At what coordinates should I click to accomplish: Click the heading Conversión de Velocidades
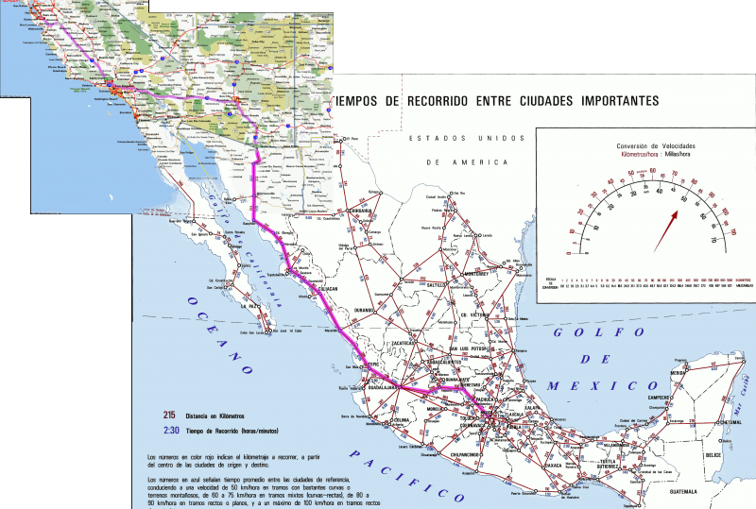click(656, 145)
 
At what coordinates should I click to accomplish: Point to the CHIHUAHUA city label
click(355, 211)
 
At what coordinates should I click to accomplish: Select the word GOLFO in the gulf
click(584, 332)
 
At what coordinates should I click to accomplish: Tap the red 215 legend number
click(170, 415)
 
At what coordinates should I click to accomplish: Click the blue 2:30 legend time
click(170, 431)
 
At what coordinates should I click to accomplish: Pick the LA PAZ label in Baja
click(249, 307)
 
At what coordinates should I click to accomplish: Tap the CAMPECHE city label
click(659, 399)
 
